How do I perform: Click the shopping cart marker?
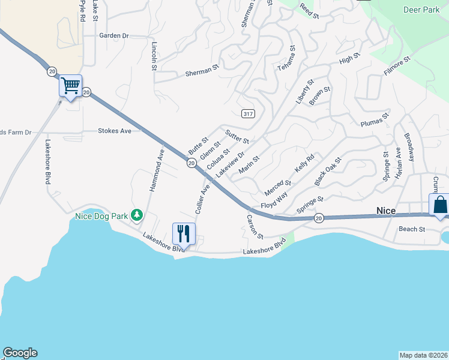(x=70, y=86)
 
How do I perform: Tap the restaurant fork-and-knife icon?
(x=184, y=233)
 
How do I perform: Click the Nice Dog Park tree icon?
(x=137, y=215)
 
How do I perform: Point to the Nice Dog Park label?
(x=102, y=216)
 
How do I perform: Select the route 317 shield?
(x=247, y=113)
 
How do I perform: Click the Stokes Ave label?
(x=115, y=130)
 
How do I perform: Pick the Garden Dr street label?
(x=114, y=35)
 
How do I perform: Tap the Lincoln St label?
(x=154, y=56)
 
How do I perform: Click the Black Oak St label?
(x=328, y=172)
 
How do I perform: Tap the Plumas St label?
(x=375, y=122)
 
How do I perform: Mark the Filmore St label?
(x=397, y=66)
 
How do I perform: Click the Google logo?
(x=20, y=353)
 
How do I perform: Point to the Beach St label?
(x=412, y=229)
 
